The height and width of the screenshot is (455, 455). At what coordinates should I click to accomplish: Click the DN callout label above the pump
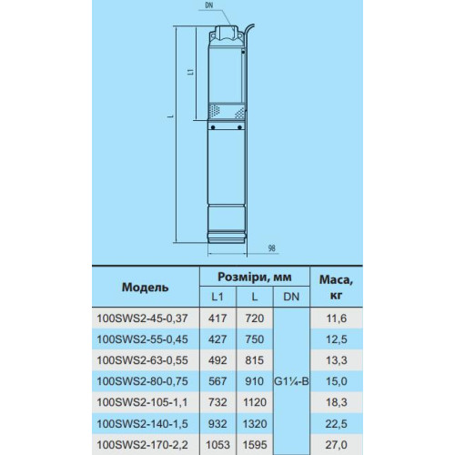point(209,6)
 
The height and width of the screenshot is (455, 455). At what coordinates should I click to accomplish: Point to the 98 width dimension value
point(272,248)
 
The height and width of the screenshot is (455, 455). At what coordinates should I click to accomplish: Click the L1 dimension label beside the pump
point(190,72)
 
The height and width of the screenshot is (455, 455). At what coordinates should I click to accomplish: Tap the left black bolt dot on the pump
point(213,127)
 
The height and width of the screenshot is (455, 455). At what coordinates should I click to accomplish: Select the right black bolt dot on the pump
point(239,127)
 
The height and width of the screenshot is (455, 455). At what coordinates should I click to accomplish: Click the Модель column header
point(145,288)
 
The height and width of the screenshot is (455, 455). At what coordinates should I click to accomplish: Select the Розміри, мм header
point(255,277)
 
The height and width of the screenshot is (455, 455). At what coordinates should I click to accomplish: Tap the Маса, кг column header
point(336,288)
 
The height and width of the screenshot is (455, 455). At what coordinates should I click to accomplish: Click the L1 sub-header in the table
point(217,297)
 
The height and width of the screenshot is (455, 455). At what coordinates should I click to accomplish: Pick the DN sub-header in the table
point(291,297)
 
